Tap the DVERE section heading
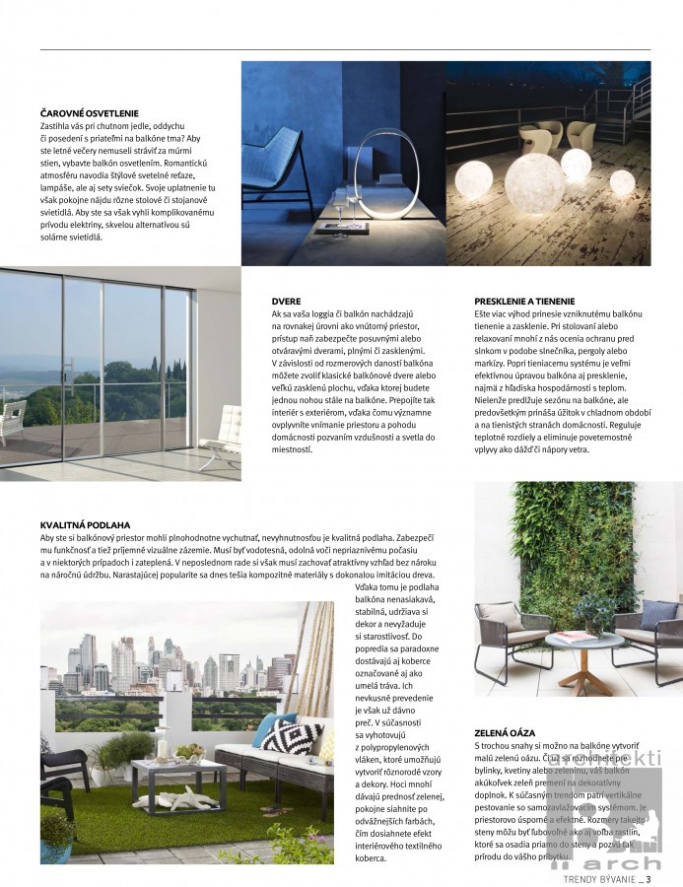287,300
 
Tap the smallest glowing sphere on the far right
622,181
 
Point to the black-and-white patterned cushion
292,735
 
